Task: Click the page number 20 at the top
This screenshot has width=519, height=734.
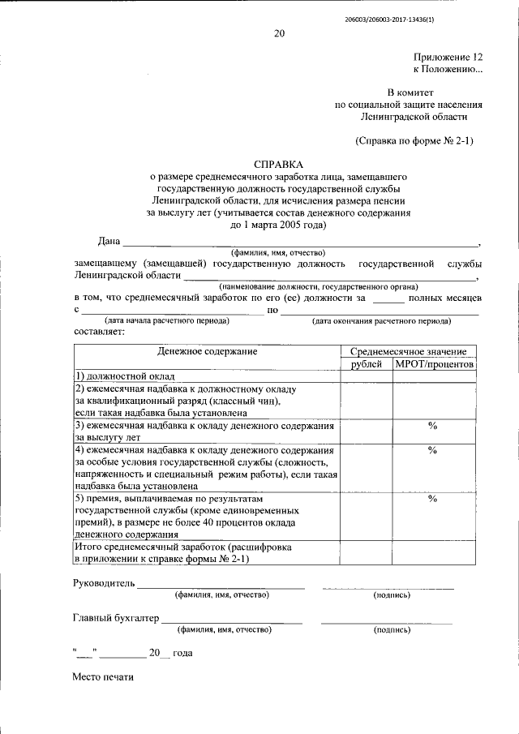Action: coord(279,33)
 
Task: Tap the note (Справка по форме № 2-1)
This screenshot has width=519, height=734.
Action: coord(414,140)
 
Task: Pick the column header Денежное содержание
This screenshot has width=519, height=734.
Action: coord(207,351)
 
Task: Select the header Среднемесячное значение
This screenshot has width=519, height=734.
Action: coord(408,351)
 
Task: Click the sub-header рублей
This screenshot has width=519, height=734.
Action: coord(366,364)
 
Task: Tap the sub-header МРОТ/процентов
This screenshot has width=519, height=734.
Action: coord(434,364)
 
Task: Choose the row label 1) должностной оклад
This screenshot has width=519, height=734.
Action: coord(121,376)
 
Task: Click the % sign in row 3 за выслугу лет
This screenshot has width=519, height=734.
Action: coord(433,426)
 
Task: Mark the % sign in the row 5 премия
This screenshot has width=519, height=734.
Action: coord(433,499)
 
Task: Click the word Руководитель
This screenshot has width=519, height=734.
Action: coord(103,584)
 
